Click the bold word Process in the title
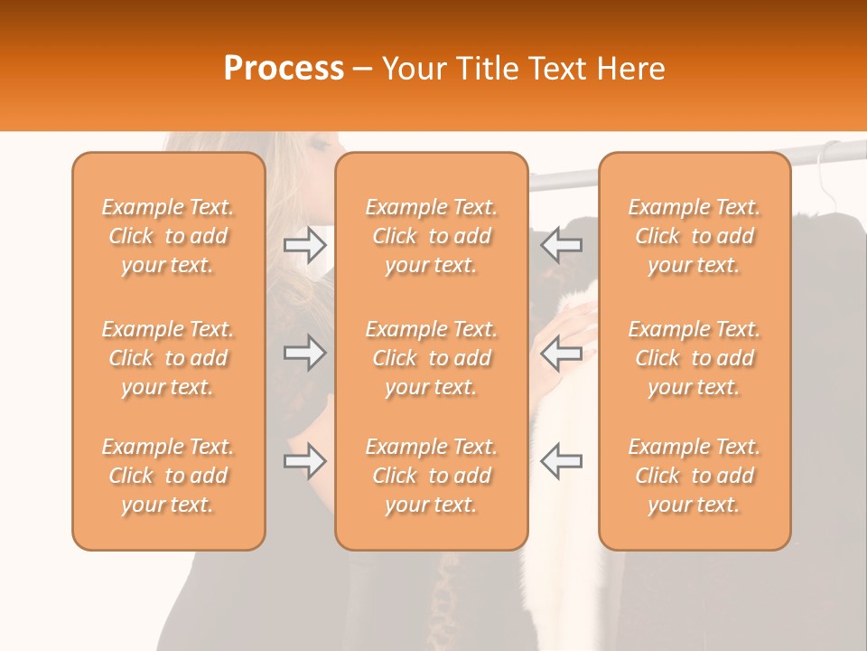click(x=284, y=68)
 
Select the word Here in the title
click(x=631, y=68)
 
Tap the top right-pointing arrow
click(x=305, y=245)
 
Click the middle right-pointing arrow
click(x=305, y=353)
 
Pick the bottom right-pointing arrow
click(x=305, y=461)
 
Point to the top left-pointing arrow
click(x=562, y=245)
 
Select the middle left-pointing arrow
click(x=562, y=353)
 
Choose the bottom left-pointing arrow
click(x=562, y=461)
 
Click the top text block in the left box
click(x=168, y=236)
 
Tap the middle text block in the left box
click(x=168, y=358)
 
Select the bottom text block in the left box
click(x=168, y=476)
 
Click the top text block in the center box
click(x=431, y=236)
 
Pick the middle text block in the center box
click(x=431, y=358)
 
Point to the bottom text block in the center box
click(x=431, y=476)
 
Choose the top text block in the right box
click(x=695, y=236)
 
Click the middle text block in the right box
click(x=695, y=358)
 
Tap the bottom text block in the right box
click(x=695, y=476)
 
